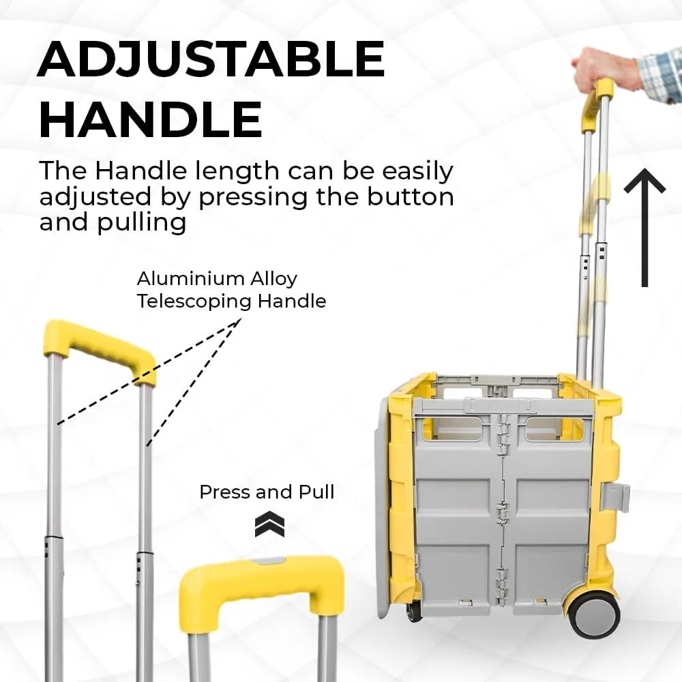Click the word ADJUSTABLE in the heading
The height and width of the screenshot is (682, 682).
click(211, 59)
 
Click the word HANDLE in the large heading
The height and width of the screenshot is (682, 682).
click(151, 119)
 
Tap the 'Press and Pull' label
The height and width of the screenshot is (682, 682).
click(267, 492)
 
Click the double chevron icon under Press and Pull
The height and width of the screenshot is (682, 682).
click(269, 524)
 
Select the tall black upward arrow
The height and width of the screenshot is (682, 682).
click(644, 228)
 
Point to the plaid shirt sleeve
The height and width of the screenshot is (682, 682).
click(661, 76)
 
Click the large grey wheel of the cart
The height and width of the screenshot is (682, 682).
click(595, 613)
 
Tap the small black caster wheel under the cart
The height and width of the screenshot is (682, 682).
click(413, 611)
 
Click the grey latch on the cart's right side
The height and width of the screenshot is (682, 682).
click(615, 496)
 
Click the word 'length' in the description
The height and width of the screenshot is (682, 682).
click(237, 172)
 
